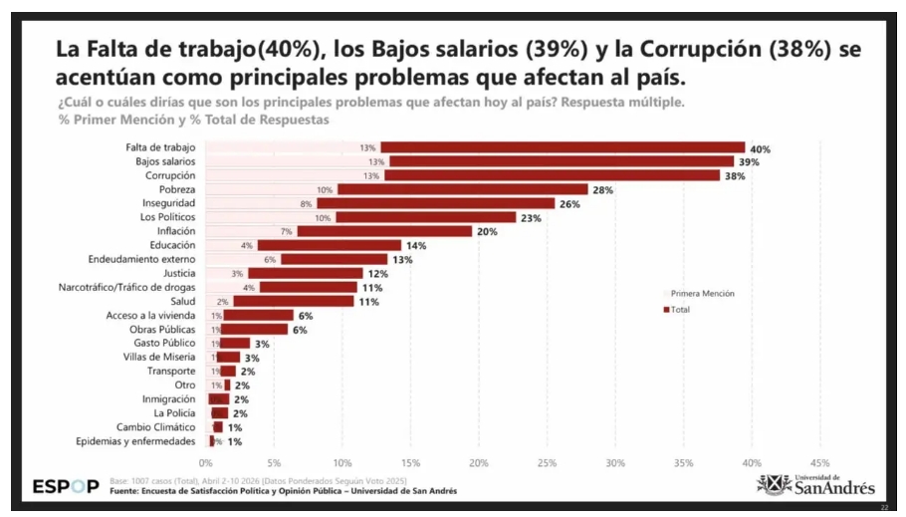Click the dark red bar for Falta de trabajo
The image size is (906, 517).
[563, 147]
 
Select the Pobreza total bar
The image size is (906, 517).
[463, 189]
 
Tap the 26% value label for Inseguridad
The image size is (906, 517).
[569, 204]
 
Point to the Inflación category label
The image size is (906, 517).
[175, 231]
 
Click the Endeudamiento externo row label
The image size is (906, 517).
[146, 259]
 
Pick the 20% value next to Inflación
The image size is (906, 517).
[487, 231]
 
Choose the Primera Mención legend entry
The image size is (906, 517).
[702, 294]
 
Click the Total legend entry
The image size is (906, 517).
[680, 310]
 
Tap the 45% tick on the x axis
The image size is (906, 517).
[819, 462]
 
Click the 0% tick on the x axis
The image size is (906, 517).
[206, 462]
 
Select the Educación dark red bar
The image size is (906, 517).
[330, 245]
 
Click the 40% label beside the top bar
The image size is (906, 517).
[761, 148]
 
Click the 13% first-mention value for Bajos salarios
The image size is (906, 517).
[376, 161]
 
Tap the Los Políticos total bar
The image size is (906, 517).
[425, 217]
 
